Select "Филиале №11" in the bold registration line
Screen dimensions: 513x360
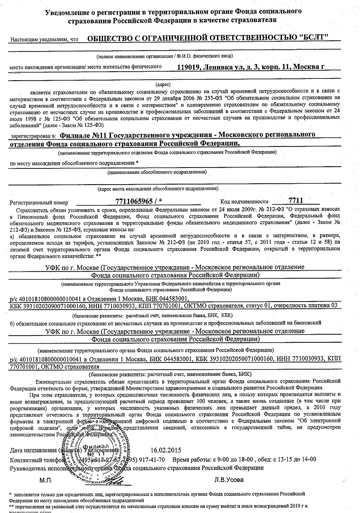coord(84,134)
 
